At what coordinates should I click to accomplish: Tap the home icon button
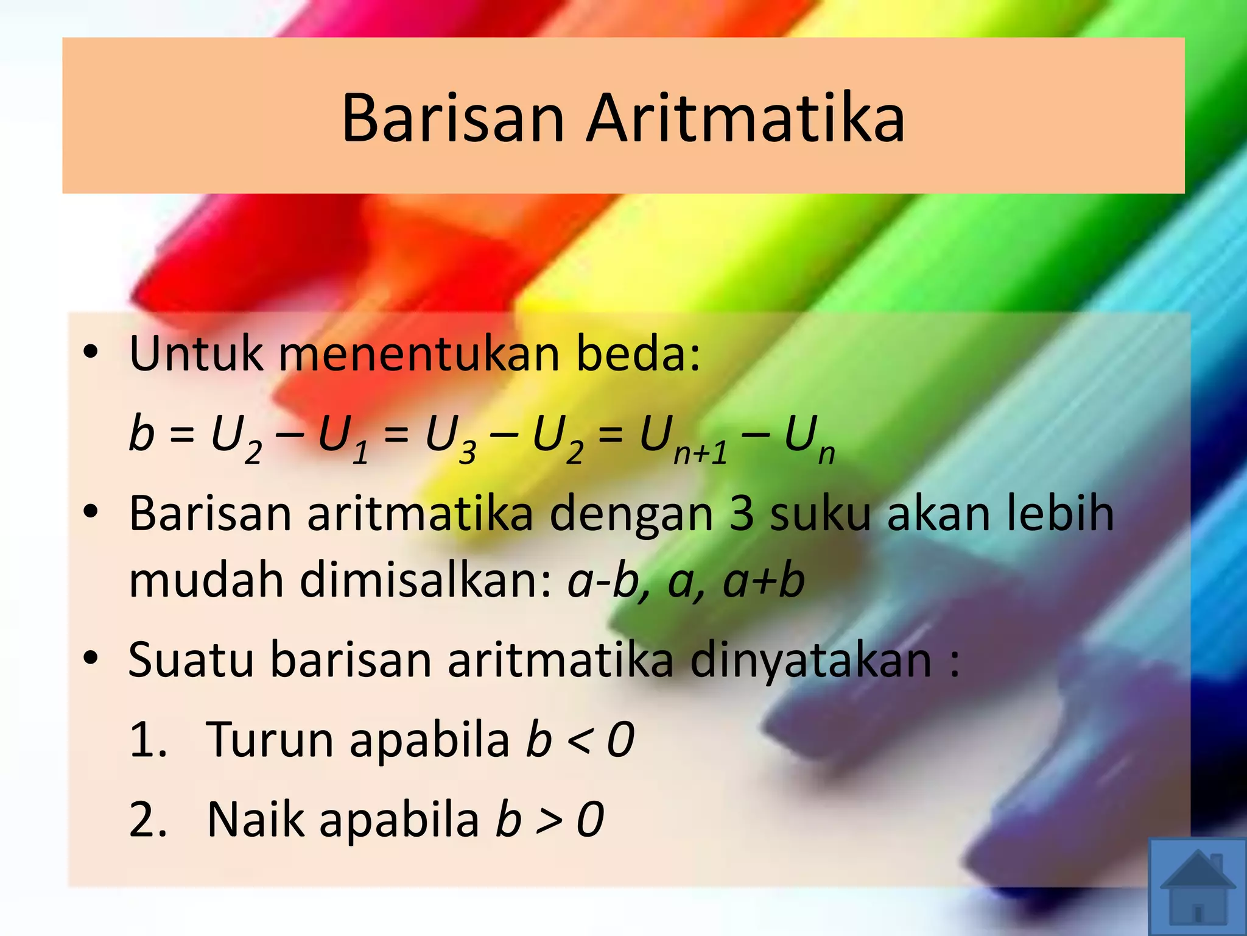click(1198, 887)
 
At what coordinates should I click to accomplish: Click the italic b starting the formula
click(141, 433)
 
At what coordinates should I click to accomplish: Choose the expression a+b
click(764, 581)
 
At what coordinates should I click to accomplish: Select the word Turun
click(270, 739)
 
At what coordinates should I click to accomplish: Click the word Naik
click(256, 819)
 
